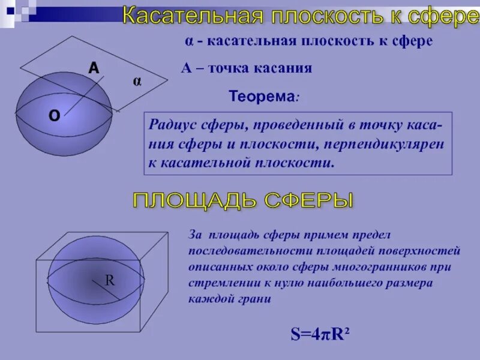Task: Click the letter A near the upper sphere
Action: tap(94, 69)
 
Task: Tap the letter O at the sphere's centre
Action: tap(54, 116)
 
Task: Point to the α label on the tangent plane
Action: tap(137, 82)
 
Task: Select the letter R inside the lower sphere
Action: tap(110, 280)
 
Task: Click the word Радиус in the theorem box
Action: tap(170, 127)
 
